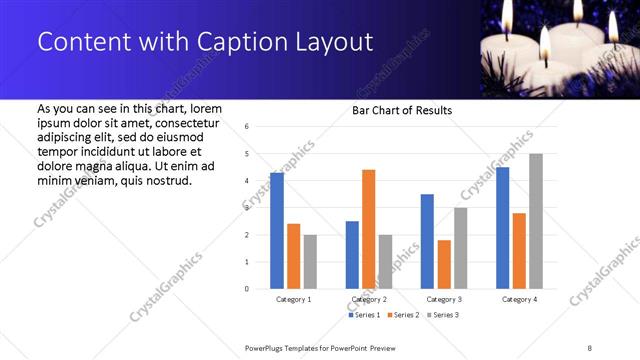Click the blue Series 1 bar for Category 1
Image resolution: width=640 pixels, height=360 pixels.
277,231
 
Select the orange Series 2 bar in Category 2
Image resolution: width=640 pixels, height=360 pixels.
369,229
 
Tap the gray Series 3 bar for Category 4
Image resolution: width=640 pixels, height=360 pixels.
536,221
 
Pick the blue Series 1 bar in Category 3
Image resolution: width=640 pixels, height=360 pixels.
428,241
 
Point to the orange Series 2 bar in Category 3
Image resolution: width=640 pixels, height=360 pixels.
444,264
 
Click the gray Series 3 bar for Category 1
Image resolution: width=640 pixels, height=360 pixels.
310,262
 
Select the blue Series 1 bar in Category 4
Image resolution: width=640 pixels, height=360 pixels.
503,228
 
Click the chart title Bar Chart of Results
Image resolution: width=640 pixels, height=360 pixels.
402,110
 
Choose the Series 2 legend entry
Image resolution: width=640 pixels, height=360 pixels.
402,315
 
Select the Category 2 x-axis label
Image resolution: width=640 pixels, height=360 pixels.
369,299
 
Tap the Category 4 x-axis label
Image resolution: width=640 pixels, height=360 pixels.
519,299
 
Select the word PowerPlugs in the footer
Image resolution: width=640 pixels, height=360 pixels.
267,348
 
